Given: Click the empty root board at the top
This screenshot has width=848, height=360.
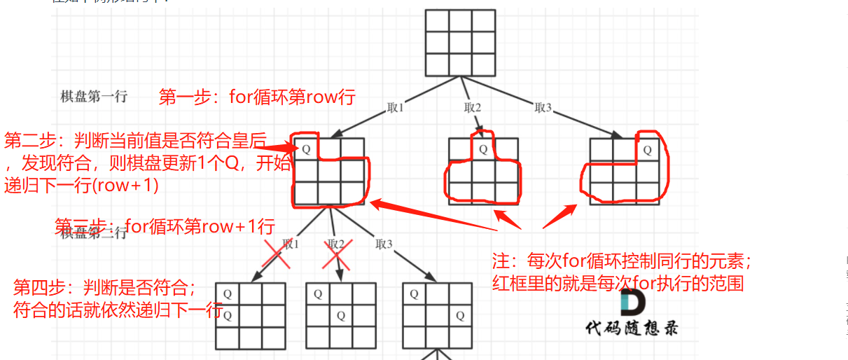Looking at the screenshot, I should click(461, 43).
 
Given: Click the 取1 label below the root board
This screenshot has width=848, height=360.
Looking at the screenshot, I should click(396, 108).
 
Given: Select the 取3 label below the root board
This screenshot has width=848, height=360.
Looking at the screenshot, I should click(543, 108).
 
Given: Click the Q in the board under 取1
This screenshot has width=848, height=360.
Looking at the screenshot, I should click(307, 149).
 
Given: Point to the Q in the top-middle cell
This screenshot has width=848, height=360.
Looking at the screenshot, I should click(482, 149).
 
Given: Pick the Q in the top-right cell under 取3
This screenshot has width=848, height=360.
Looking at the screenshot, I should click(647, 149).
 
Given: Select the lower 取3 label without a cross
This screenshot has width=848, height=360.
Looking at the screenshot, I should click(384, 244).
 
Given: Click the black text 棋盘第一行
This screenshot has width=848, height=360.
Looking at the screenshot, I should click(94, 97).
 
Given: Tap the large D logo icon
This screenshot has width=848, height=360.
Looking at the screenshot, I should click(632, 303).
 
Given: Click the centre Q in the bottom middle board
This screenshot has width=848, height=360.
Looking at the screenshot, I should click(341, 316).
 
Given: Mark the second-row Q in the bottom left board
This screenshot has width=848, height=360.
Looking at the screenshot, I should click(228, 316).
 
